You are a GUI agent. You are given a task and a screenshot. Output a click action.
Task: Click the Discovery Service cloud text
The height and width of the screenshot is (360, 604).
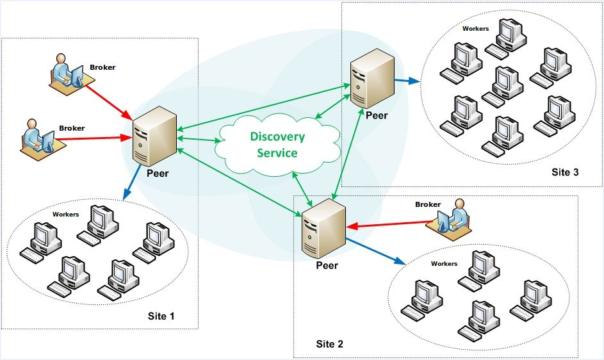click(277, 145)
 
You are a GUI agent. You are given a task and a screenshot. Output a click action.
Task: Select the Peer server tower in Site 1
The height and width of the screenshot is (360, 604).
click(154, 135)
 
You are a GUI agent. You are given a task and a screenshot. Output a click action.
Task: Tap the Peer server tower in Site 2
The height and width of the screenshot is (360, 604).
click(323, 228)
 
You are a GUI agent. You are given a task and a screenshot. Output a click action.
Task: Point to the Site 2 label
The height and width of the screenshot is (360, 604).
click(330, 344)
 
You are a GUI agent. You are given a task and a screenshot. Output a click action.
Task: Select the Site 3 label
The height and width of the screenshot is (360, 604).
click(565, 172)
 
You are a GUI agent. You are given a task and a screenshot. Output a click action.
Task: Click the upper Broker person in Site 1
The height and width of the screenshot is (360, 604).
click(67, 71)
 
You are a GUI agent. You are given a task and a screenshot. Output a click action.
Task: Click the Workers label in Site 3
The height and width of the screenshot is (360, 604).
click(475, 29)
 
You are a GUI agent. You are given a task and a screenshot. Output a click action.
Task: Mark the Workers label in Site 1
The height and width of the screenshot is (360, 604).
click(65, 215)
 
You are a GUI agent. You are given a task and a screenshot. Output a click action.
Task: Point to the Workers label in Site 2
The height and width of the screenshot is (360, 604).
click(444, 264)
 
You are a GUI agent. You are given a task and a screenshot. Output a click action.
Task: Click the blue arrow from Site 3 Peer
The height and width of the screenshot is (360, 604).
click(406, 81)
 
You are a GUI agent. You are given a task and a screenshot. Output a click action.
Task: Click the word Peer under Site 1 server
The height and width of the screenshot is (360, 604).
click(157, 173)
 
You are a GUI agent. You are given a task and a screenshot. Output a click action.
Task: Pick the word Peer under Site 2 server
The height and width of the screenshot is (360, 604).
click(327, 266)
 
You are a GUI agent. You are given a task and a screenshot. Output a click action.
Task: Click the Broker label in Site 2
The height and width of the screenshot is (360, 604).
click(428, 205)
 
